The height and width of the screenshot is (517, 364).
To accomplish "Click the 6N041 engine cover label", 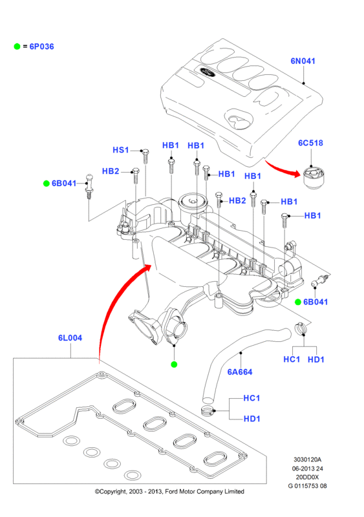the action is (x=303, y=61).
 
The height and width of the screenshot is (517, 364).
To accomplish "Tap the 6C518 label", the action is (x=310, y=143).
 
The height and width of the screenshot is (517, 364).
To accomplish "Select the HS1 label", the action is (x=121, y=150).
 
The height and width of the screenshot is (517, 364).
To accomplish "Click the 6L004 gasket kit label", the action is (x=70, y=337).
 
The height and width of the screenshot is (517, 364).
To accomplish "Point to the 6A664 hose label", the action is (x=240, y=372).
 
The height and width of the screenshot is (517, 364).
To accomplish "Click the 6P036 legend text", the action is (x=41, y=47).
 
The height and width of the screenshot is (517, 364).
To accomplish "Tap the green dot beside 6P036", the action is (x=17, y=47).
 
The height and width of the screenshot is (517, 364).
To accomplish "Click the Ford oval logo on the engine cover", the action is (x=207, y=72).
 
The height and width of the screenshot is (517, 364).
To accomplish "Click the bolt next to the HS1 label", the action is (x=145, y=156).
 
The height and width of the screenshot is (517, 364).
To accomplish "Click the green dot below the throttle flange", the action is (x=174, y=364).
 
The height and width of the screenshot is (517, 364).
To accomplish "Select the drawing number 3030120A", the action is (x=307, y=459).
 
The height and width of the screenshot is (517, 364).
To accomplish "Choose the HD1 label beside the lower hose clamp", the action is (x=252, y=419).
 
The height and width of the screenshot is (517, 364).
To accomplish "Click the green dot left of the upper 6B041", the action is (x=46, y=184).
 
